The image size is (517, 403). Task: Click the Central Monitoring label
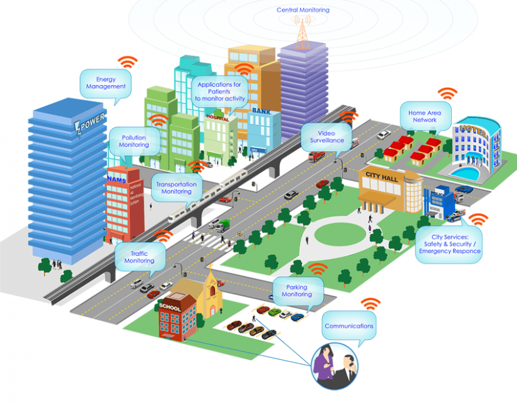click(x=303, y=10)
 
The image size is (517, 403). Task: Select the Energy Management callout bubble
click(x=106, y=83)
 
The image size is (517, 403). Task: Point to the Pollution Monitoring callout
click(x=134, y=142)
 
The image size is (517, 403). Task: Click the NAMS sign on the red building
click(x=116, y=179)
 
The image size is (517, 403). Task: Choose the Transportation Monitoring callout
click(x=176, y=188)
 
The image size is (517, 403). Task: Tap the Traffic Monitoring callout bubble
click(x=139, y=257)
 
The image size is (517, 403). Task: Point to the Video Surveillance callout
click(x=326, y=137)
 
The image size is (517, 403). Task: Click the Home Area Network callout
click(x=425, y=117)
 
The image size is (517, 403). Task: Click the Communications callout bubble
click(x=348, y=327)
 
